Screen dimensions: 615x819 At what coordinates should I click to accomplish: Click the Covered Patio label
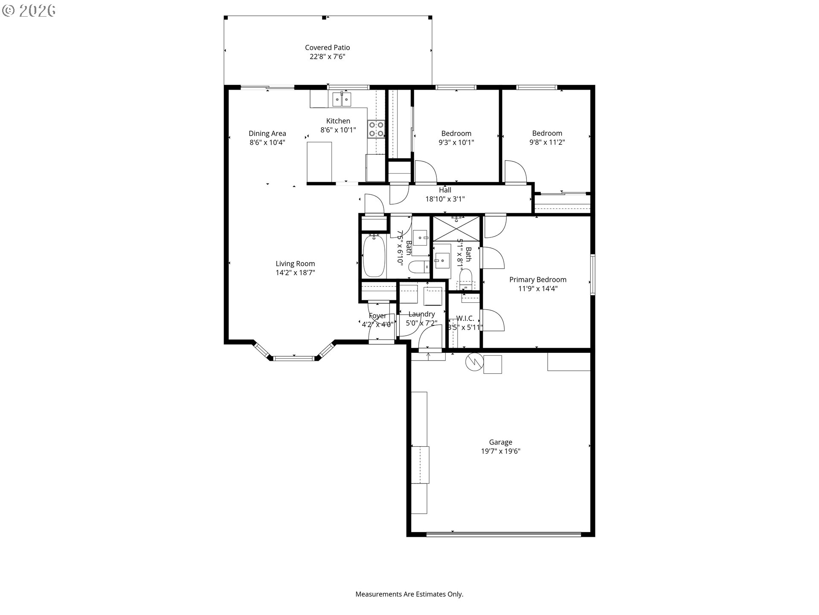click(327, 47)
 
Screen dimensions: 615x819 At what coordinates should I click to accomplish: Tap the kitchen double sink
click(342, 100)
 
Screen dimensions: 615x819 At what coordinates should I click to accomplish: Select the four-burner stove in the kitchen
click(376, 129)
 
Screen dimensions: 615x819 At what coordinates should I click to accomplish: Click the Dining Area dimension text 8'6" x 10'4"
click(267, 143)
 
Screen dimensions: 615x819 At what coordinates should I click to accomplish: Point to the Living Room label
click(295, 264)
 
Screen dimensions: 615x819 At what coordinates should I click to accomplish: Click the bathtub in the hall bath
click(374, 256)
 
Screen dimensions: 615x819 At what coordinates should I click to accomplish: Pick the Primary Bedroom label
click(537, 280)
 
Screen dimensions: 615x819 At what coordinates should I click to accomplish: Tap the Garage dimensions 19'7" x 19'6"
click(500, 451)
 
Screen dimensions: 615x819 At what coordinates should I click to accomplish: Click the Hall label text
click(445, 190)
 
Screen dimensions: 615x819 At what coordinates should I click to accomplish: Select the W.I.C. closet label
click(465, 318)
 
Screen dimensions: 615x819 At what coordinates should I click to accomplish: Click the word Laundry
click(421, 314)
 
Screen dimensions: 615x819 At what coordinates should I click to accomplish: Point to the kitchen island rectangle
click(319, 162)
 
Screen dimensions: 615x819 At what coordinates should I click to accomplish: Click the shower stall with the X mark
click(456, 229)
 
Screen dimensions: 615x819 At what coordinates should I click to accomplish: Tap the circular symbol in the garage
click(474, 362)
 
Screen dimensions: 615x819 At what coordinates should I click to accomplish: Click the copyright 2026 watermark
click(29, 11)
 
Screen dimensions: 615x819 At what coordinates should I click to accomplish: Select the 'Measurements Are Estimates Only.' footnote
click(409, 594)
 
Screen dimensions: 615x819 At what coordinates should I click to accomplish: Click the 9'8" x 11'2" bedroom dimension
click(547, 142)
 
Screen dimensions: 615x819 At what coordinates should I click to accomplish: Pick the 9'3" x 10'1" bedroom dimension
click(456, 143)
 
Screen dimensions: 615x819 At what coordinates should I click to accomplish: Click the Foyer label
click(378, 316)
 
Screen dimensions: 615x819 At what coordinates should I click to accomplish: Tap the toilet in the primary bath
click(465, 278)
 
